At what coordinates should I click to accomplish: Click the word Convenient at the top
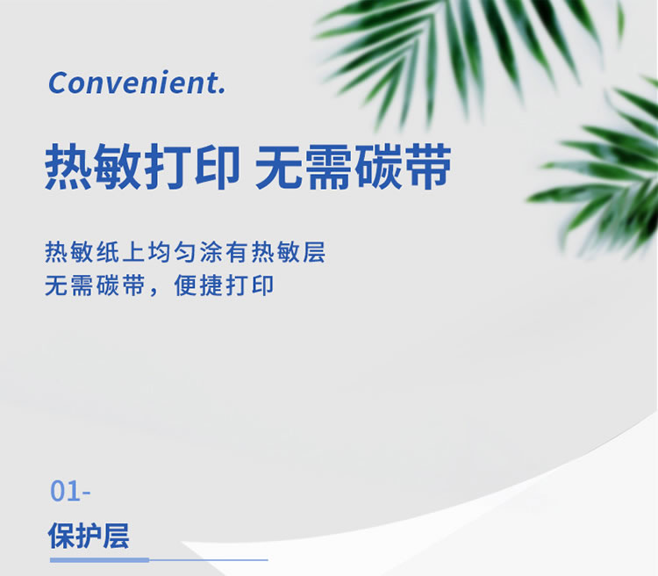tap(133, 83)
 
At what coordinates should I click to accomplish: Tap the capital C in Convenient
tap(60, 83)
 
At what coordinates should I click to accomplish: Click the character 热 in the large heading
tap(68, 167)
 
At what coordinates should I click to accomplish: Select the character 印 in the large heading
tap(218, 167)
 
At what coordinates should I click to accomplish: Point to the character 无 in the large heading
tap(279, 167)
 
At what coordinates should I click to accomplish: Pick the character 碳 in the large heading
tap(377, 167)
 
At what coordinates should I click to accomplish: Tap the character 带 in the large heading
tap(427, 167)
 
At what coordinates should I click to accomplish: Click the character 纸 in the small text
tap(108, 252)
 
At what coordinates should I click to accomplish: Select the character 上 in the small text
tap(134, 252)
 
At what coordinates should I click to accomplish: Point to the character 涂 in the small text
tap(211, 252)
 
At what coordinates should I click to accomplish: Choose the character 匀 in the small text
tap(185, 252)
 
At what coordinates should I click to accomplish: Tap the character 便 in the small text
tap(185, 285)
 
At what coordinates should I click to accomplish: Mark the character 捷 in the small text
tap(211, 285)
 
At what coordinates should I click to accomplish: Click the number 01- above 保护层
tap(70, 491)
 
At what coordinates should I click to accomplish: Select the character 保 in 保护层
tap(61, 536)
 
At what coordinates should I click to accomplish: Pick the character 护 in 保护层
tap(89, 536)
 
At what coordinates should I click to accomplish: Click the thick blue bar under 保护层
tap(99, 559)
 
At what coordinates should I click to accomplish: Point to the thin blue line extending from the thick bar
tap(209, 559)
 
